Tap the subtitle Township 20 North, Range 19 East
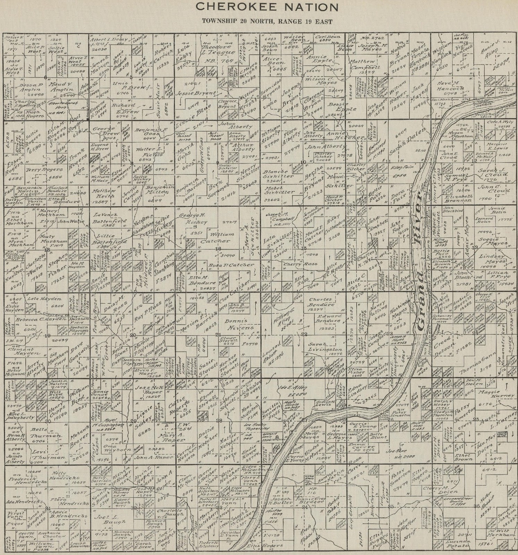pos(267,21)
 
